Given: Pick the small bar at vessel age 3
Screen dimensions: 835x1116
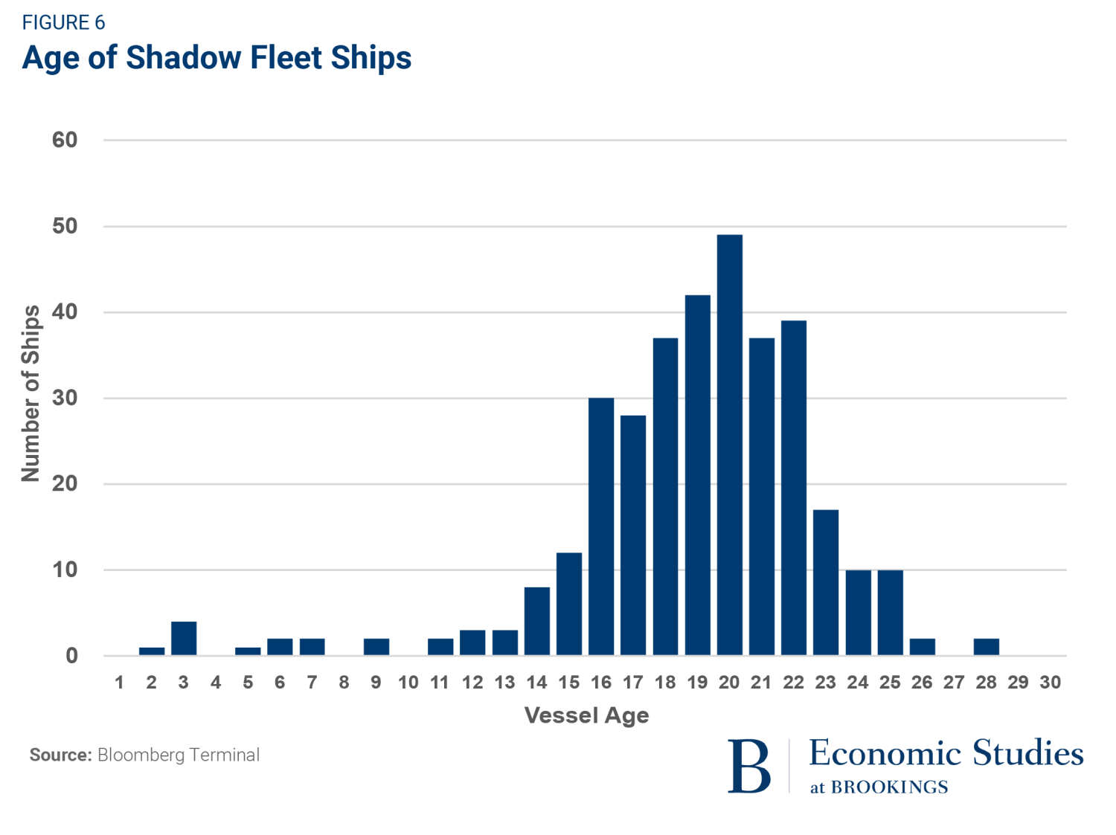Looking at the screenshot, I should (184, 639).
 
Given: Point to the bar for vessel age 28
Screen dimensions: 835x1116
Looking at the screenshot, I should (986, 647).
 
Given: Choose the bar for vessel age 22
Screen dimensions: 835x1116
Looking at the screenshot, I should (794, 488).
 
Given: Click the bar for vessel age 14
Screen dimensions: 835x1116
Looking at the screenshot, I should (536, 621).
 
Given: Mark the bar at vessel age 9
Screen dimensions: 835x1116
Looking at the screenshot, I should (376, 647).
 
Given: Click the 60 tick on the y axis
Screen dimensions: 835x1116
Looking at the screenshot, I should (65, 140).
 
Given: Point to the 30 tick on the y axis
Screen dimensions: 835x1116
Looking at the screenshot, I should (65, 398).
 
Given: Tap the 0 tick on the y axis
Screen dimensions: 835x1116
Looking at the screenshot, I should (71, 656).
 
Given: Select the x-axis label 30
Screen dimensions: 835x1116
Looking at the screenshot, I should (1050, 683).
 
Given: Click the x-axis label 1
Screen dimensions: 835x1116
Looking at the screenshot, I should (119, 683).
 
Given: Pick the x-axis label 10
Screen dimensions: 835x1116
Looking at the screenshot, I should (408, 683).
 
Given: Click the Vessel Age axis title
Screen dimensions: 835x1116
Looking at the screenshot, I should (586, 715).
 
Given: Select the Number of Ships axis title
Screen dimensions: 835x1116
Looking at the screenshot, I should (31, 393).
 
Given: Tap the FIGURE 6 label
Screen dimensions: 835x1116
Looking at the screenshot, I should (63, 23).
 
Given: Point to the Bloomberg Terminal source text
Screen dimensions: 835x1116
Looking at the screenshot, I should (179, 755).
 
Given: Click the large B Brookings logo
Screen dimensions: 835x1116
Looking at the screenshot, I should (749, 767).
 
